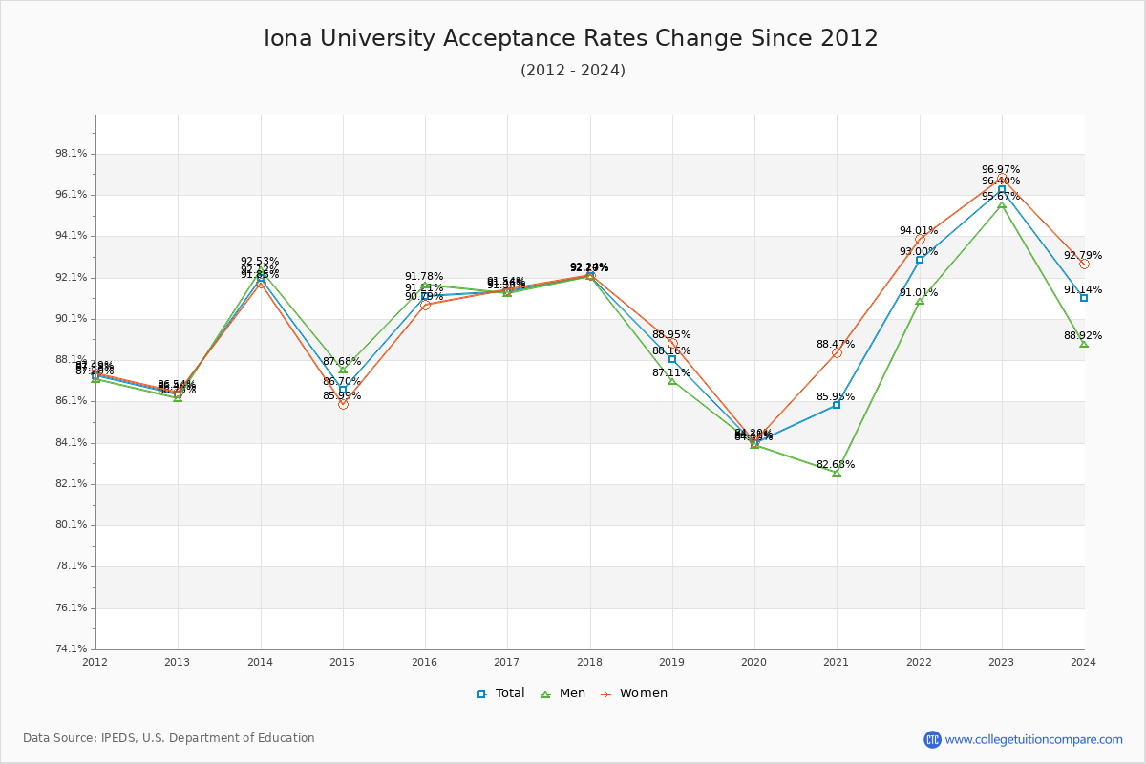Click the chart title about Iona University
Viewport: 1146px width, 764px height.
[x=571, y=39]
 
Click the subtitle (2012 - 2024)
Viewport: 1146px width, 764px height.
[x=573, y=71]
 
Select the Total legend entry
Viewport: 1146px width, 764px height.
[x=500, y=693]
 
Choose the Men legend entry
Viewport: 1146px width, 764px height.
[x=563, y=693]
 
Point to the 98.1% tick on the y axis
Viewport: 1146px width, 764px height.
[x=73, y=154]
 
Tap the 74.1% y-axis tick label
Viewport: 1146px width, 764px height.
[x=73, y=649]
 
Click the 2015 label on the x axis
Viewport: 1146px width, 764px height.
[x=343, y=661]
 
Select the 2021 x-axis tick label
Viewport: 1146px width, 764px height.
[x=837, y=661]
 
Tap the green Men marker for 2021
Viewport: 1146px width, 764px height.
[x=837, y=473]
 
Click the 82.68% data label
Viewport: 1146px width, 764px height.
[x=836, y=465]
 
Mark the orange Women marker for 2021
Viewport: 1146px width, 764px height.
[x=837, y=352]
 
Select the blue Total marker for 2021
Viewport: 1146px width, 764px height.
[x=837, y=405]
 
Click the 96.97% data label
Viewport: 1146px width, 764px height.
[x=1001, y=170]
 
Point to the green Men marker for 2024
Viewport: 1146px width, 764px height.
[x=1084, y=344]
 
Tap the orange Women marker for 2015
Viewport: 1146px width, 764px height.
[x=343, y=404]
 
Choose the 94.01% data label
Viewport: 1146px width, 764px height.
[x=918, y=231]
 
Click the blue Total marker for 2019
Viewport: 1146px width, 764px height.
[x=672, y=359]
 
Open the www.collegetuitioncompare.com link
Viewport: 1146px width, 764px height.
[x=1033, y=739]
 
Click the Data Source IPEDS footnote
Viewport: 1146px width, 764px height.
[x=169, y=738]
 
